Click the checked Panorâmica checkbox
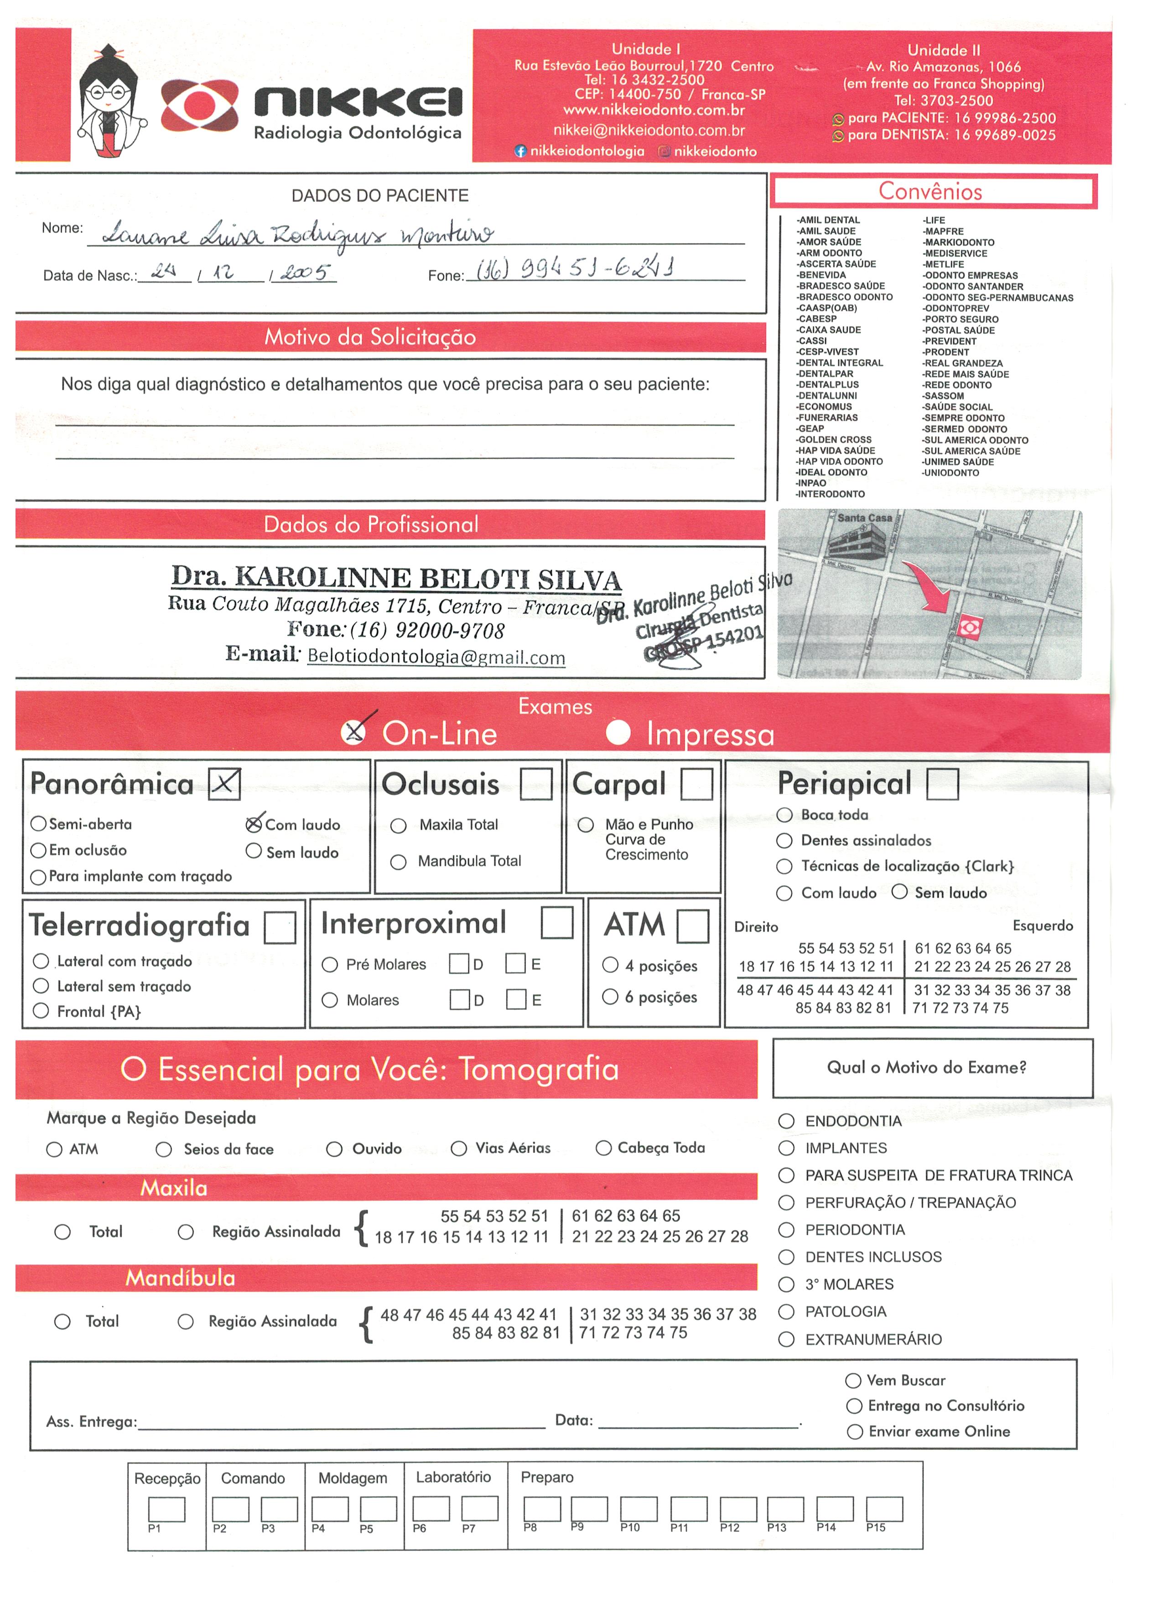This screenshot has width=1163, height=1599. point(224,783)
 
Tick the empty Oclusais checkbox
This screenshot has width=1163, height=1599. point(535,783)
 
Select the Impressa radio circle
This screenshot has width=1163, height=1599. point(618,733)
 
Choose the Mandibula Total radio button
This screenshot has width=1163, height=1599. point(399,862)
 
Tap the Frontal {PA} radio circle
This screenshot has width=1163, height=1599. point(41,1011)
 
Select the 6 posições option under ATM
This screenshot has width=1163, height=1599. point(610,996)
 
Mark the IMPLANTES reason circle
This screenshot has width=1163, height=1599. point(786,1148)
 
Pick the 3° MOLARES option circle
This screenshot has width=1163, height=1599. point(786,1284)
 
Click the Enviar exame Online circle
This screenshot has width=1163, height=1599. point(855,1431)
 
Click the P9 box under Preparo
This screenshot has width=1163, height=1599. point(589,1508)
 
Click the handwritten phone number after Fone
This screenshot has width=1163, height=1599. point(575,268)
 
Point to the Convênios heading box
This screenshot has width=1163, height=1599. point(933,191)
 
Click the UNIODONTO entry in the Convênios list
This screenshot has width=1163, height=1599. point(951,472)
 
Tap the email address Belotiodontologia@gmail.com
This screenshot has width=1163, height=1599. point(436,657)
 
